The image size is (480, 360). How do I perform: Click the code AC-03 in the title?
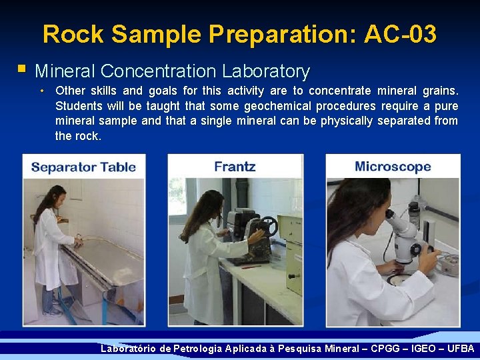[x=400, y=33]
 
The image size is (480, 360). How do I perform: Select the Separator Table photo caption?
[x=83, y=167]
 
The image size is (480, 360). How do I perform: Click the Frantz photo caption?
[x=235, y=167]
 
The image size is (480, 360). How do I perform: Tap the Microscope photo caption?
[x=393, y=167]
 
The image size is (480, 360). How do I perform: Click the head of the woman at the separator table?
[x=55, y=198]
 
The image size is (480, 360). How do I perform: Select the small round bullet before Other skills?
[x=42, y=91]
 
